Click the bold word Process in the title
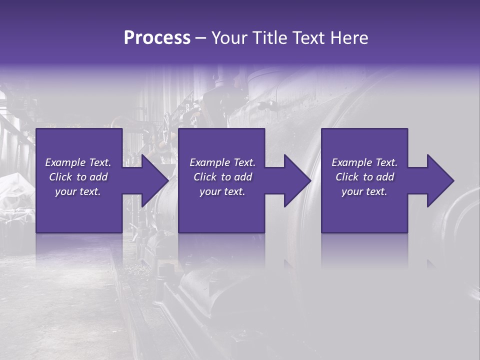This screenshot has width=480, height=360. coord(157,38)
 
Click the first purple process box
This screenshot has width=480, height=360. coord(79,210)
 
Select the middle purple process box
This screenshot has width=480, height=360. coord(221,210)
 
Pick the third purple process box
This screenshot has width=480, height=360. coord(364,210)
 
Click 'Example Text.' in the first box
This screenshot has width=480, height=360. coord(78,162)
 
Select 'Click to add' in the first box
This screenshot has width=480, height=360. coord(78,177)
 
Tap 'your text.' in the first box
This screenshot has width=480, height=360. coord(78,191)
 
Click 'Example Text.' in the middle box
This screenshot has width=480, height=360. coord(222,162)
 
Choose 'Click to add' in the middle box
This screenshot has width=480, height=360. coord(222,177)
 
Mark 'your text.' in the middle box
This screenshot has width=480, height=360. coord(222,191)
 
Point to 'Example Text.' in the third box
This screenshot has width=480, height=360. coord(364,162)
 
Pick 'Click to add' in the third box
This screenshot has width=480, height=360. coord(364,177)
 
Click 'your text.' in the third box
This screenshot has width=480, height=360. coord(364,191)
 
